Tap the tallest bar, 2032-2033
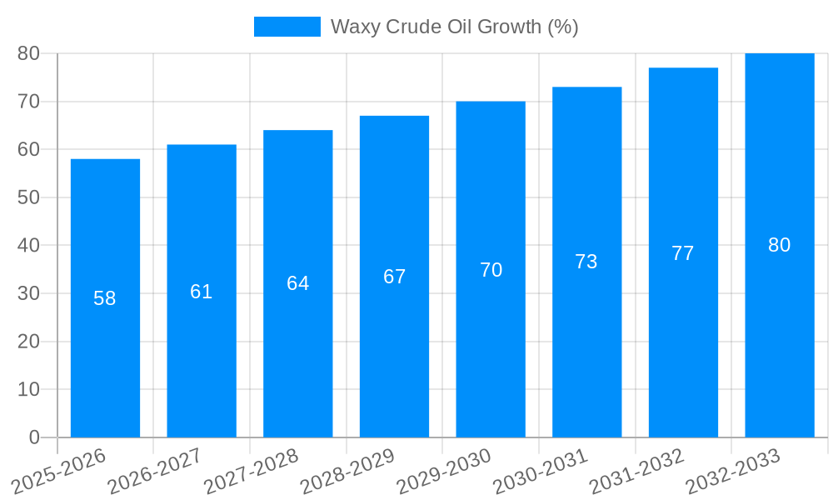click(x=780, y=350)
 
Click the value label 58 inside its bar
click(x=105, y=298)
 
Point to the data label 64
click(x=298, y=283)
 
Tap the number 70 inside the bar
click(x=491, y=270)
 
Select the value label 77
click(x=683, y=253)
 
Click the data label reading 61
click(x=202, y=292)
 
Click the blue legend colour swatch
click(x=287, y=27)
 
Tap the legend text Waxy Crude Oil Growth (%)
click(x=454, y=27)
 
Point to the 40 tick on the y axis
click(x=28, y=246)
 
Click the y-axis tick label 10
click(x=28, y=389)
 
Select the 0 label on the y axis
click(x=34, y=437)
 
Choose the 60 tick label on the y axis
click(x=28, y=150)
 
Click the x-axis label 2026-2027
click(x=156, y=471)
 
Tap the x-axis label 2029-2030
click(x=444, y=471)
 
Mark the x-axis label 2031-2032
click(x=637, y=471)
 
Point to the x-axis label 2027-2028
click(x=252, y=471)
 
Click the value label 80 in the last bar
click(x=780, y=245)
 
